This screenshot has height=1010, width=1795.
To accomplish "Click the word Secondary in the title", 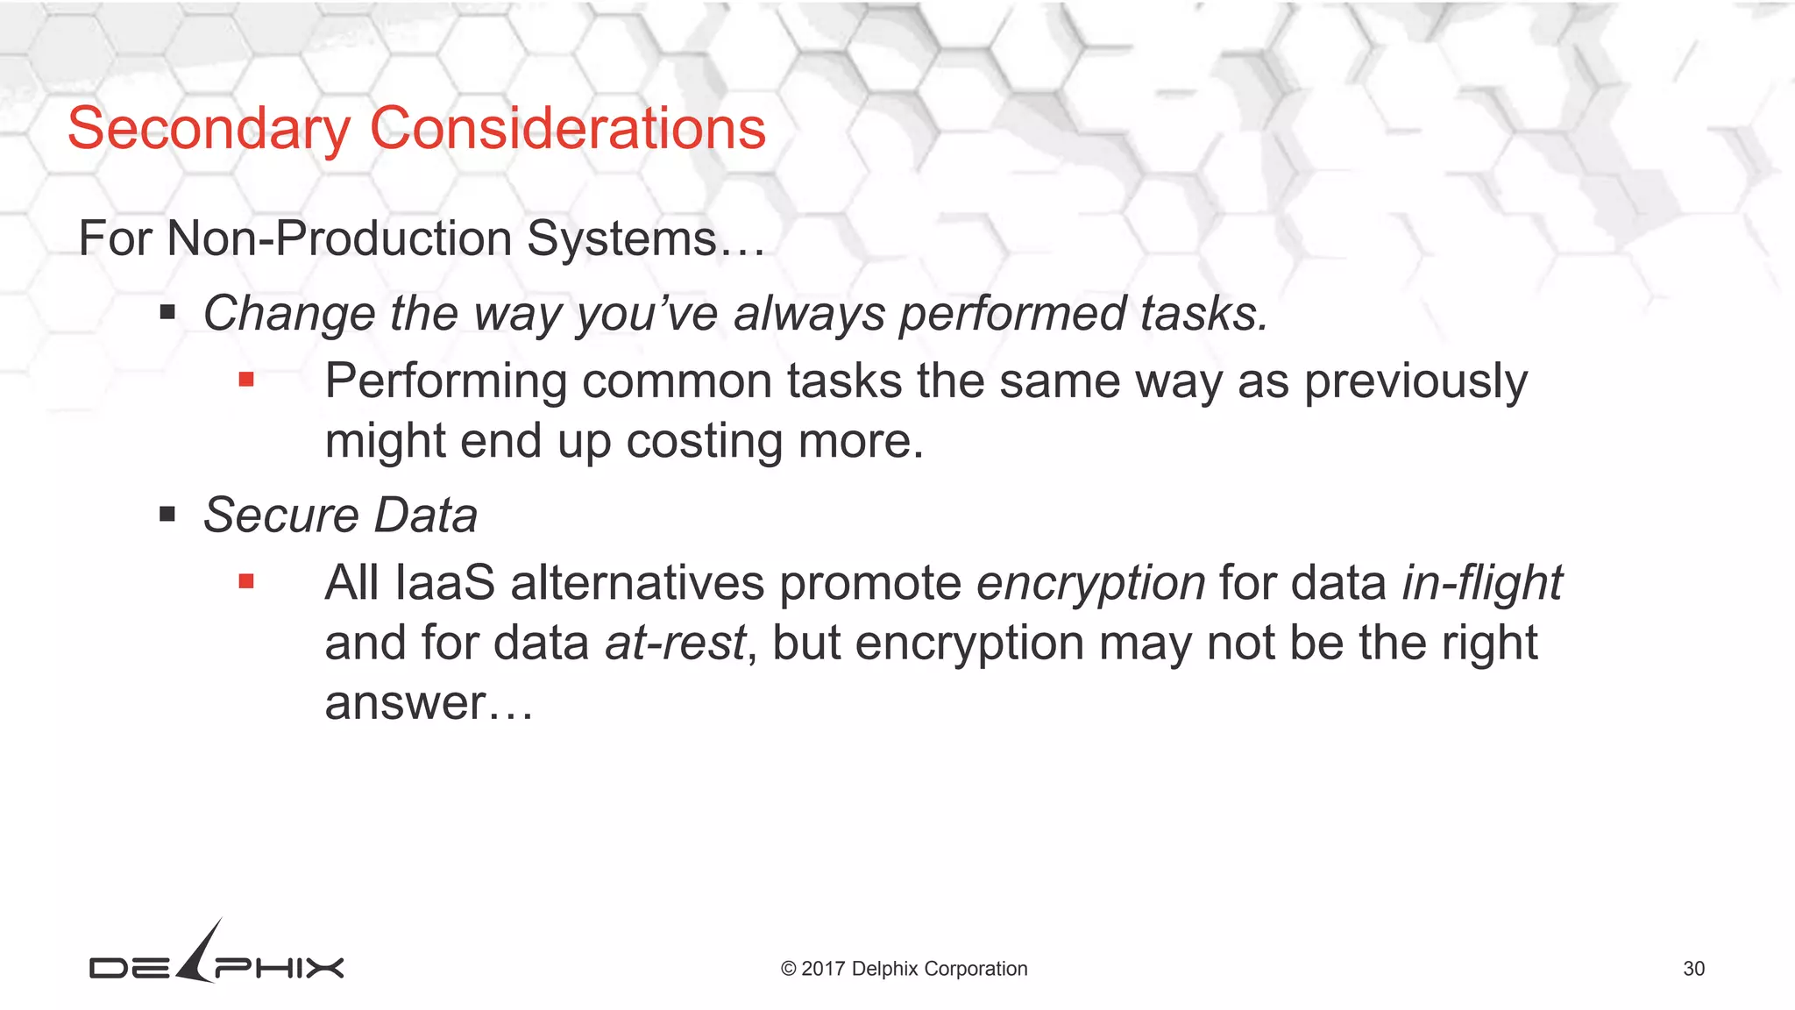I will click(x=209, y=129).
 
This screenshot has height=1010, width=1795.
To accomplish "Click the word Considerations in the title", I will click(x=567, y=129).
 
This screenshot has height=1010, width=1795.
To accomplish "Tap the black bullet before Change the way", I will click(x=167, y=312).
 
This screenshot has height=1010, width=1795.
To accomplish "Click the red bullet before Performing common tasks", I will click(x=246, y=380).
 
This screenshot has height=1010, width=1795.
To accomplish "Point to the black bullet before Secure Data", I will click(x=167, y=514).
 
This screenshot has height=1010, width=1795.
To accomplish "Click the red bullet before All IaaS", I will click(x=246, y=581).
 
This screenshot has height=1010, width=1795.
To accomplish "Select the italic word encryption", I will click(x=1090, y=584).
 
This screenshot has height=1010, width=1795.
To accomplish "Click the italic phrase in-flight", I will click(x=1481, y=584).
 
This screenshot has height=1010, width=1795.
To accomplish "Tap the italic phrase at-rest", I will click(x=675, y=644).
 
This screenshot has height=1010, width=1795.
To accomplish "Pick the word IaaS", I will click(x=445, y=584).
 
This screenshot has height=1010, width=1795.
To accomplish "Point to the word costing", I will click(x=704, y=441).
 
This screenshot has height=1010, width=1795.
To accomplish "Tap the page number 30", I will click(x=1693, y=969).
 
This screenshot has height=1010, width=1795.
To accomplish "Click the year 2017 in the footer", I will click(x=823, y=969).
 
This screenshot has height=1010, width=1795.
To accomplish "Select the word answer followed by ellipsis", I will click(x=404, y=704).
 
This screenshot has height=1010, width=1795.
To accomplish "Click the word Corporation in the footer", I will click(x=976, y=969).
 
